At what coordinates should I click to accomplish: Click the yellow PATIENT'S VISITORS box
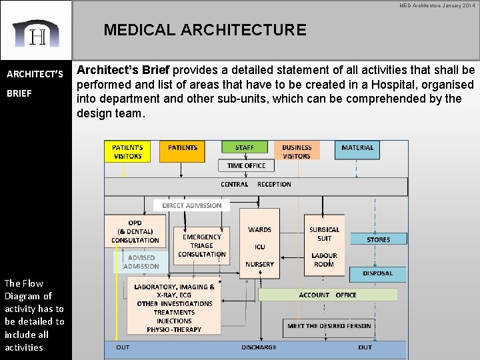tap(127, 151)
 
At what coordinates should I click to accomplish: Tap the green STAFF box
tap(244, 147)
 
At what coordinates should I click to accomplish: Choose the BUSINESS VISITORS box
tap(297, 151)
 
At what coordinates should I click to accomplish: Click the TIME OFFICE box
tap(246, 165)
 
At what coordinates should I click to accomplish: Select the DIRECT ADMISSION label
tap(192, 205)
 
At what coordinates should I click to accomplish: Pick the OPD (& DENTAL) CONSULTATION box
tap(135, 231)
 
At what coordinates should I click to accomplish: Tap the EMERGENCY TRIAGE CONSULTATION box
tap(201, 245)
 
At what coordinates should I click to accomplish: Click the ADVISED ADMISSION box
tap(141, 261)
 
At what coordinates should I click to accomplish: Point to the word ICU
tap(259, 247)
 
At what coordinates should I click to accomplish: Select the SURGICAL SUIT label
tap(324, 234)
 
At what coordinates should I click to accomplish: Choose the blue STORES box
tap(378, 239)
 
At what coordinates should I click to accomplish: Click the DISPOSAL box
tap(377, 273)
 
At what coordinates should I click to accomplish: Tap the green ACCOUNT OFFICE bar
tap(327, 295)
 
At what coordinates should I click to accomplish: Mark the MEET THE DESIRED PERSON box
tap(329, 326)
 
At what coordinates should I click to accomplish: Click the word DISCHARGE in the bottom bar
tap(259, 347)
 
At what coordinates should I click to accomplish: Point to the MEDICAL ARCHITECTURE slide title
tap(205, 30)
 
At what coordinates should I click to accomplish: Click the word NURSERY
tap(259, 264)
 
